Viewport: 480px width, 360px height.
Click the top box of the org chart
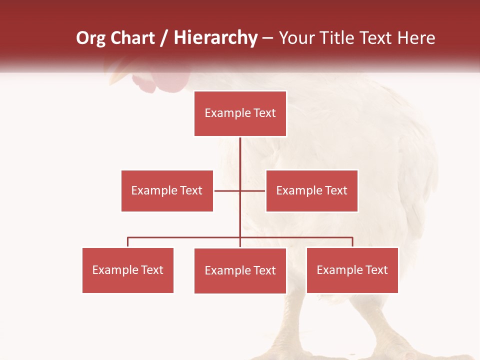click(240, 113)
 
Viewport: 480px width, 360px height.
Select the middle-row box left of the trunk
click(167, 190)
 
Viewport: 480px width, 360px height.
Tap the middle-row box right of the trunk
click(311, 190)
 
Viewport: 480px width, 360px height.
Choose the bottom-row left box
click(127, 270)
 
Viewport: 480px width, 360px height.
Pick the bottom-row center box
click(240, 270)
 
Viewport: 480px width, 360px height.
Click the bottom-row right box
click(352, 270)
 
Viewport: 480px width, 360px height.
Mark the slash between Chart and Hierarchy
click(164, 38)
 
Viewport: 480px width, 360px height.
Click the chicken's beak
click(120, 76)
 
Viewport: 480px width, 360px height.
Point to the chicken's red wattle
click(150, 84)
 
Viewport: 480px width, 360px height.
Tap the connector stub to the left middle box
click(226, 190)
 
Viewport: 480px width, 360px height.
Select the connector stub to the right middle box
click(253, 190)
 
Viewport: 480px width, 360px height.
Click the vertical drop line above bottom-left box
click(127, 242)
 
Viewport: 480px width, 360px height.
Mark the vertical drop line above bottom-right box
click(352, 242)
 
